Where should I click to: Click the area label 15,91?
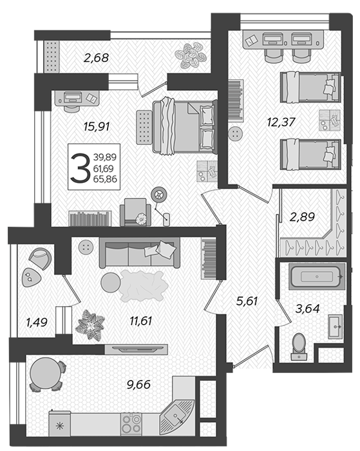[x=97, y=126]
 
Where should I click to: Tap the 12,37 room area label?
[x=281, y=122]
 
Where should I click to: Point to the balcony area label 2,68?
[x=97, y=58]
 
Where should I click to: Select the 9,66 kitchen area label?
[x=138, y=385]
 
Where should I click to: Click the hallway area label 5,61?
[x=247, y=301]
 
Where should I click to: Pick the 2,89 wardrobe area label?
[x=302, y=216]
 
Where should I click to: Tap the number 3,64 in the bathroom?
[x=307, y=309]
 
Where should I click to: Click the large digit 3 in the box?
[x=81, y=168]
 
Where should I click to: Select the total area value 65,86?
[x=105, y=179]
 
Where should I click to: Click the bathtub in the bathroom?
[x=317, y=276]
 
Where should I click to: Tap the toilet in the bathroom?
[x=299, y=347]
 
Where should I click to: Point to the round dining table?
[x=46, y=373]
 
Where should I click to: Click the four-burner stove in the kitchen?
[x=131, y=423]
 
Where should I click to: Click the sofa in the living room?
[x=140, y=253]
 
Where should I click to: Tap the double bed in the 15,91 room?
[x=185, y=126]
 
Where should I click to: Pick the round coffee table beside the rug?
[x=111, y=282]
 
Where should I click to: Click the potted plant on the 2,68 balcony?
[x=191, y=55]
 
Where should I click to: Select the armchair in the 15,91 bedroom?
[x=135, y=212]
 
